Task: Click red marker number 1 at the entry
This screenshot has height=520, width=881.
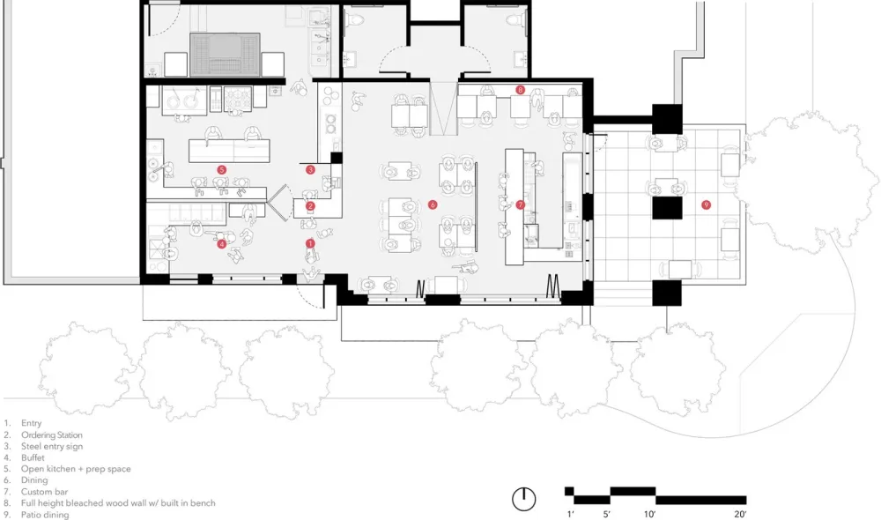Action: coord(310,242)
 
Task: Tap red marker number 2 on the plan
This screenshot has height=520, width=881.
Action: coord(310,207)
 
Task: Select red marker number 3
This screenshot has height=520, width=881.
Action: coord(310,170)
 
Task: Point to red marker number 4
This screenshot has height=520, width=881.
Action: coord(222,244)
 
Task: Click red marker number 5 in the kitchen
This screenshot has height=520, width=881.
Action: coord(222,169)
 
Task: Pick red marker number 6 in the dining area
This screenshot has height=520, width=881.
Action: coord(433,204)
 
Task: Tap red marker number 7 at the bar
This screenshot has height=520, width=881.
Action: coord(521,204)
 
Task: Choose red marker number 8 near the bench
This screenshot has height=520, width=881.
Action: coord(521,90)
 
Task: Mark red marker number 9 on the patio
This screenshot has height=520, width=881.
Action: coord(706,204)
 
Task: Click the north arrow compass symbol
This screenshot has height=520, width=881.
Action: coord(524,498)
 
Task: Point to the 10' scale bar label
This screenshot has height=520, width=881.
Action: coord(648,513)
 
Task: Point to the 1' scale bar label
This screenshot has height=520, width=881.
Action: coord(570,513)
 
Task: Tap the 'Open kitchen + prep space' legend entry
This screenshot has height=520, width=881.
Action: coord(76,469)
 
